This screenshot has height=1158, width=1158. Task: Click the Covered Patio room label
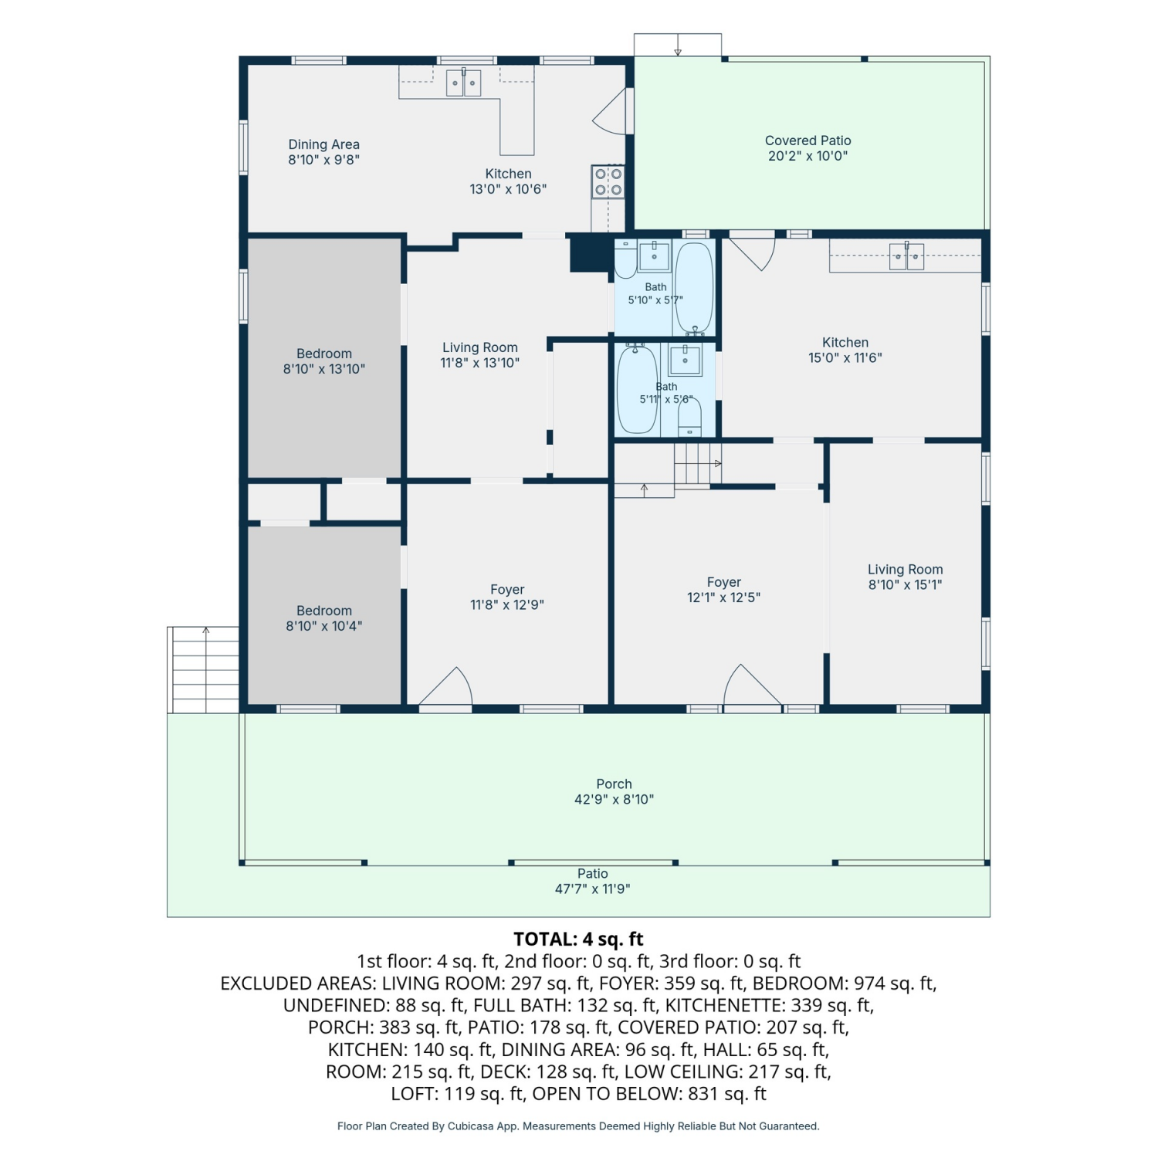click(808, 141)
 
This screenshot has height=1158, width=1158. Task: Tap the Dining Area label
click(323, 144)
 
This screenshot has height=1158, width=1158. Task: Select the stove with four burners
click(608, 182)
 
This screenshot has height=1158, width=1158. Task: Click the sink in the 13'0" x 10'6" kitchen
click(463, 83)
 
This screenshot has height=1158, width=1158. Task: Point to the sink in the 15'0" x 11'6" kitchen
click(906, 256)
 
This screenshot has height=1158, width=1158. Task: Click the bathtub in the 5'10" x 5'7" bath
click(694, 287)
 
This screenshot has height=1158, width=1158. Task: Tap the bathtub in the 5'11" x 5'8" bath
click(637, 390)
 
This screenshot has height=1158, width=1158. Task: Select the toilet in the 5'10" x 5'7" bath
click(625, 259)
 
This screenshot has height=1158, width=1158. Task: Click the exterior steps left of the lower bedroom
click(204, 669)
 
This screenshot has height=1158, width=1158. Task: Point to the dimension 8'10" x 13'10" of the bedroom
click(323, 369)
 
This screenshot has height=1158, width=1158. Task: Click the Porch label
click(614, 784)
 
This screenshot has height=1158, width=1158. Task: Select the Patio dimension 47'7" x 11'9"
click(592, 889)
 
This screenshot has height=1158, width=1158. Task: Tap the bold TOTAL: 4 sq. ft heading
click(578, 939)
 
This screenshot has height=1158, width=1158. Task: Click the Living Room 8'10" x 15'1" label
click(905, 577)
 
